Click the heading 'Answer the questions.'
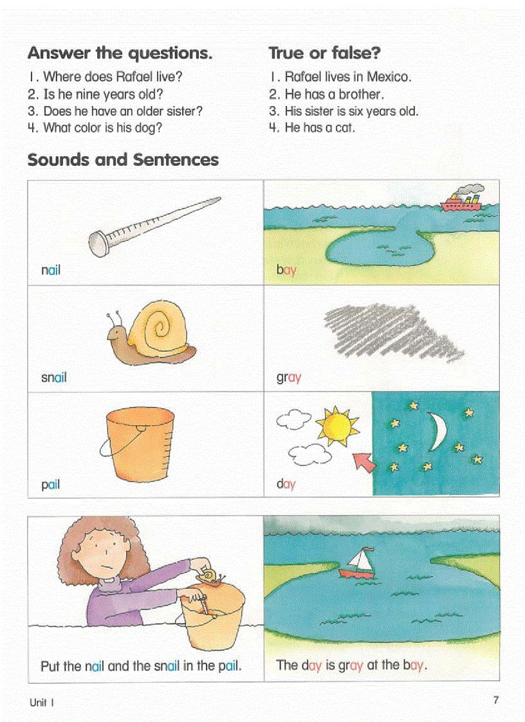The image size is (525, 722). click(120, 53)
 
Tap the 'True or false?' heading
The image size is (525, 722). click(325, 53)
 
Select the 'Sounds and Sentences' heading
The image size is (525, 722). click(123, 159)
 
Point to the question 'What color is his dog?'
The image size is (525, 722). click(102, 128)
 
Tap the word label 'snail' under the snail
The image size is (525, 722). click(54, 377)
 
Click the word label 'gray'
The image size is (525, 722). click(289, 377)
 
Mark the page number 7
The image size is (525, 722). click(495, 700)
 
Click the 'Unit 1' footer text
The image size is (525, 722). click(42, 703)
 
